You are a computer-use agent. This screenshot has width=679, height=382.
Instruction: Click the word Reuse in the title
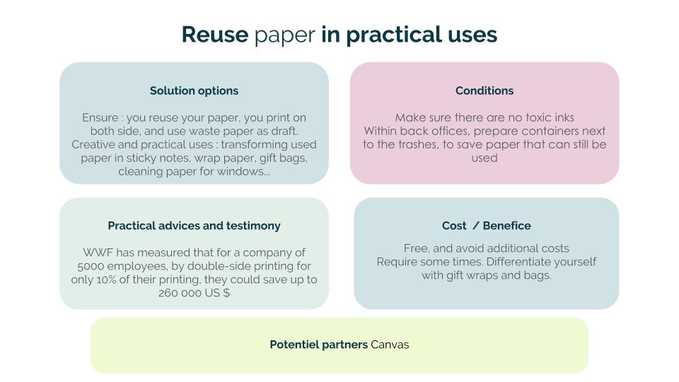click(x=215, y=34)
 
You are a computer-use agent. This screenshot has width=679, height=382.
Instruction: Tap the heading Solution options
click(x=194, y=91)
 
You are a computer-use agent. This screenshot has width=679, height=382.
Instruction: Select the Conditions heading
click(x=484, y=91)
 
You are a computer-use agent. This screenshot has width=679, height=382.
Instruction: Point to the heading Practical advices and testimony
click(x=194, y=226)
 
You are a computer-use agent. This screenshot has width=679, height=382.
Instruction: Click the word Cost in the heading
click(x=454, y=226)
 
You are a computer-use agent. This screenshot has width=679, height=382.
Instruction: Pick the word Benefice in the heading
click(x=506, y=226)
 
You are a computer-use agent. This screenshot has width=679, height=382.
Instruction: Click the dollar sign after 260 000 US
click(x=226, y=293)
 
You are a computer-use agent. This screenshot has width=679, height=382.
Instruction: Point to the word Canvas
click(x=390, y=345)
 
